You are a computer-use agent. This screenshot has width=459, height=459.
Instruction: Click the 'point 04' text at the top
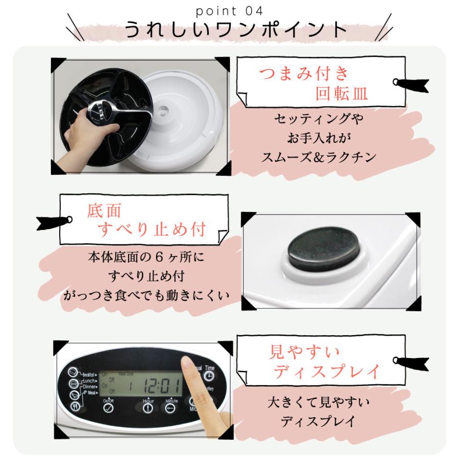click(229, 10)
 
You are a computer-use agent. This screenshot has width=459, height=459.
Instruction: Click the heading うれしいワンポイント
click(229, 30)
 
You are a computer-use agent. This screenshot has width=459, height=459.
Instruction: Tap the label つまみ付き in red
click(304, 74)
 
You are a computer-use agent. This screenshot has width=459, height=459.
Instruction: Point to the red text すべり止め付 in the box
click(151, 230)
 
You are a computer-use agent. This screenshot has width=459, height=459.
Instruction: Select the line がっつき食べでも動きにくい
click(145, 296)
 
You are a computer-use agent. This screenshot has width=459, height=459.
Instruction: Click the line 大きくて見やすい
click(319, 403)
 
